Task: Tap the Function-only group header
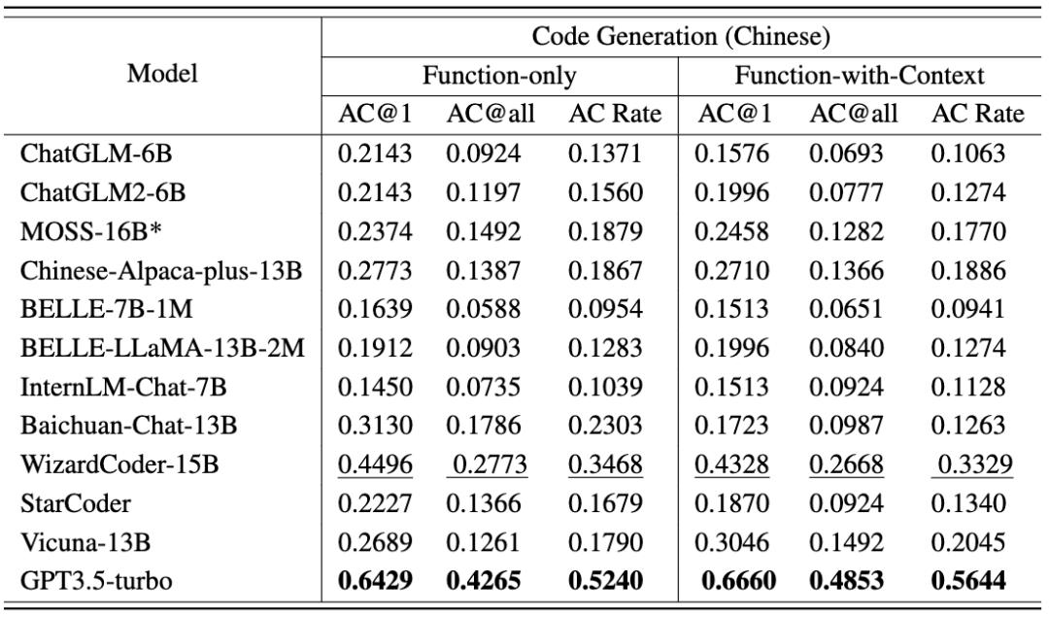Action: point(499,75)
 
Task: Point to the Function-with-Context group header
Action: point(860,75)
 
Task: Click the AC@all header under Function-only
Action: point(491,115)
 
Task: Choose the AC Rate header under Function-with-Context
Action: point(977,115)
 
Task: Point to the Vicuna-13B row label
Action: point(76,541)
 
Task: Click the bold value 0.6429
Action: point(375,580)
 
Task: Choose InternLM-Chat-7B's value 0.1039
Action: point(605,388)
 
